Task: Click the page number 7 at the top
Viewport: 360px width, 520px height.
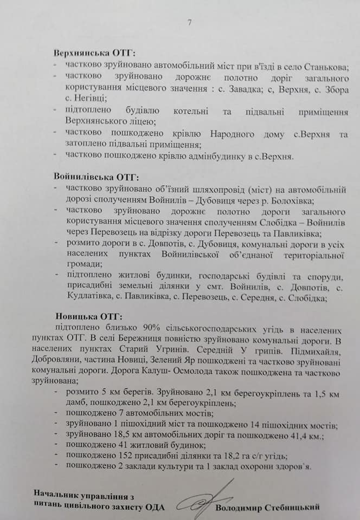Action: coord(189,23)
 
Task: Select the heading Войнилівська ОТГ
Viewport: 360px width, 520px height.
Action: coord(97,177)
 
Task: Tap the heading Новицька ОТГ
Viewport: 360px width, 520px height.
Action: coord(89,316)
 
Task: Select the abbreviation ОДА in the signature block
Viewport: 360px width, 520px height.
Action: coord(154,508)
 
